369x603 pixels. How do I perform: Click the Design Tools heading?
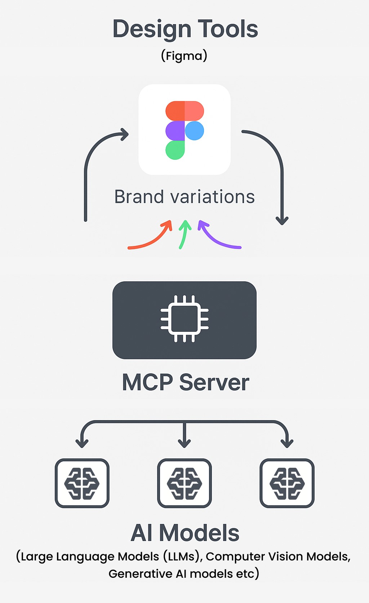pyautogui.click(x=185, y=29)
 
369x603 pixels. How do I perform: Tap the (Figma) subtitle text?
pyautogui.click(x=184, y=56)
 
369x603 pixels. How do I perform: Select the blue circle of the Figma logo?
pyautogui.click(x=195, y=131)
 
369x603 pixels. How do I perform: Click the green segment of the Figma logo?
pyautogui.click(x=175, y=150)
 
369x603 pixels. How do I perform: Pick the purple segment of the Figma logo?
pyautogui.click(x=175, y=131)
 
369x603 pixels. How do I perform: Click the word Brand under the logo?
pyautogui.click(x=139, y=197)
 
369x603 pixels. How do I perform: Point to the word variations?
pyautogui.click(x=213, y=197)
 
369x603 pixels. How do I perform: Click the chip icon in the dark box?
pyautogui.click(x=184, y=319)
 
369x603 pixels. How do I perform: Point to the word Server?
pyautogui.click(x=214, y=382)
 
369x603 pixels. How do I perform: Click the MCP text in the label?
pyautogui.click(x=148, y=382)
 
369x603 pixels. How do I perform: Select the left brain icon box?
pyautogui.click(x=82, y=483)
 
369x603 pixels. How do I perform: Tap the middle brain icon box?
pyautogui.click(x=184, y=483)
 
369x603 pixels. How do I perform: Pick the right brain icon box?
pyautogui.click(x=287, y=483)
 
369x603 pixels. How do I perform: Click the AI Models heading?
pyautogui.click(x=185, y=533)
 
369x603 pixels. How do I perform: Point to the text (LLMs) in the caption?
pyautogui.click(x=182, y=556)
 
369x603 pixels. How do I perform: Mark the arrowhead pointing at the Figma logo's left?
pyautogui.click(x=125, y=135)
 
